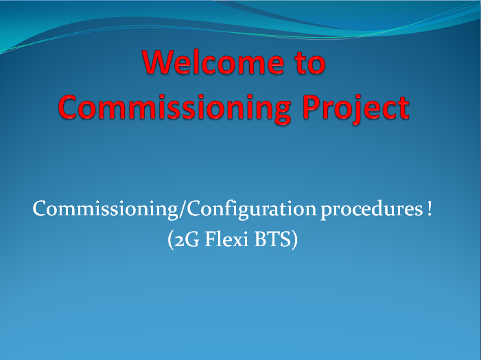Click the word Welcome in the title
213,62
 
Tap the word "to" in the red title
310,63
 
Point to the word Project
355,109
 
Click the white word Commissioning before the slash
105,210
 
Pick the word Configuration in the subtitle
252,210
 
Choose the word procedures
372,210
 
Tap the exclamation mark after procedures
429,208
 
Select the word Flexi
226,239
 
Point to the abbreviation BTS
272,239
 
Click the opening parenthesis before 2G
171,240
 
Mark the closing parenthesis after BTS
294,240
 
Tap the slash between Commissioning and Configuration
183,210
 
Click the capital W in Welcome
160,62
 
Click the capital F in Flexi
211,239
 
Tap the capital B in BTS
261,239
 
